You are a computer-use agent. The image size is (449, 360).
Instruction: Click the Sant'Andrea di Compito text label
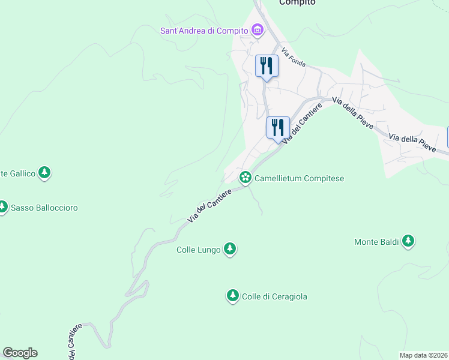point(204,31)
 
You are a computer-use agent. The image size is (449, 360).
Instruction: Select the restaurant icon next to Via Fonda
point(267,65)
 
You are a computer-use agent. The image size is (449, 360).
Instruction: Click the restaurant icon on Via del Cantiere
point(278,127)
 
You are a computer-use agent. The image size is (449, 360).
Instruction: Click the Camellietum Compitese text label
point(299,178)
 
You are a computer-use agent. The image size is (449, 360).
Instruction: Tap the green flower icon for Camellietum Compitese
point(245,177)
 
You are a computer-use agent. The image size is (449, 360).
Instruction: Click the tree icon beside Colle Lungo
point(229,248)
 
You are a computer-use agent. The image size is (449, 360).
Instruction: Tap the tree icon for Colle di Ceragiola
point(232,295)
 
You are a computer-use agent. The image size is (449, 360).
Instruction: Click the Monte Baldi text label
point(376,242)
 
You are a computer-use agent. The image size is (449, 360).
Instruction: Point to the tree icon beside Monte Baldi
point(408,241)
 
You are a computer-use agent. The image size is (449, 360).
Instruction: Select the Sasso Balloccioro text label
point(45,208)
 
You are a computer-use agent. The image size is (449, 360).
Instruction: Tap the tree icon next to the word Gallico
point(44,173)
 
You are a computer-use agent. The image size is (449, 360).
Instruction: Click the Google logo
point(20,353)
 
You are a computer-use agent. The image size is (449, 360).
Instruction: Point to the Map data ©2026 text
point(423,355)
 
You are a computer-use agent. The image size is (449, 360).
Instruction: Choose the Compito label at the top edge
point(297,3)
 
